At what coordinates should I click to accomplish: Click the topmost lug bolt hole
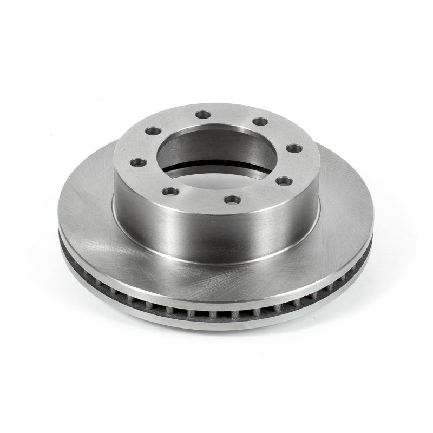coord(204,114)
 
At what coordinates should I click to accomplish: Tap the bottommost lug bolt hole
coord(233,200)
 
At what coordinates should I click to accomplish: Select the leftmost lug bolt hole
coord(139,162)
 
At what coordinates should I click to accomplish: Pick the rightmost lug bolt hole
coord(294,148)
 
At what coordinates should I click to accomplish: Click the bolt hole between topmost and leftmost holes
coord(154,130)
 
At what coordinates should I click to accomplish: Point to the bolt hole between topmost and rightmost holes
coord(260,121)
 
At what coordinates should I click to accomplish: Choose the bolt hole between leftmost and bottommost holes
coord(170,191)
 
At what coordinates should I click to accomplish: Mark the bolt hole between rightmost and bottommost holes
coord(283,181)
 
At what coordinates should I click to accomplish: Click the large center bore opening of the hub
coord(216,157)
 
